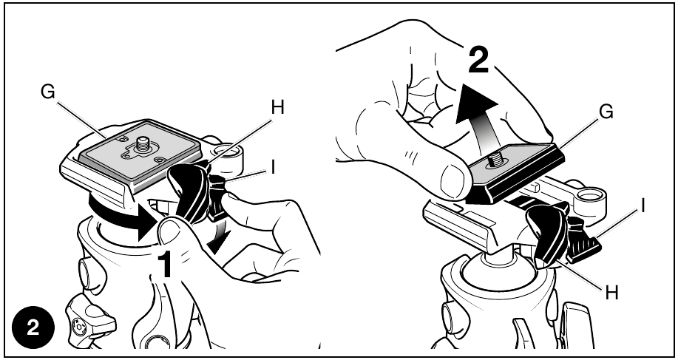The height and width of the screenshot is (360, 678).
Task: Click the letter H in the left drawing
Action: click(x=277, y=108)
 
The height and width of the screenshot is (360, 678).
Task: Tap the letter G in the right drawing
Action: click(x=606, y=112)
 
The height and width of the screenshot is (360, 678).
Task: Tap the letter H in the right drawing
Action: click(x=611, y=293)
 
